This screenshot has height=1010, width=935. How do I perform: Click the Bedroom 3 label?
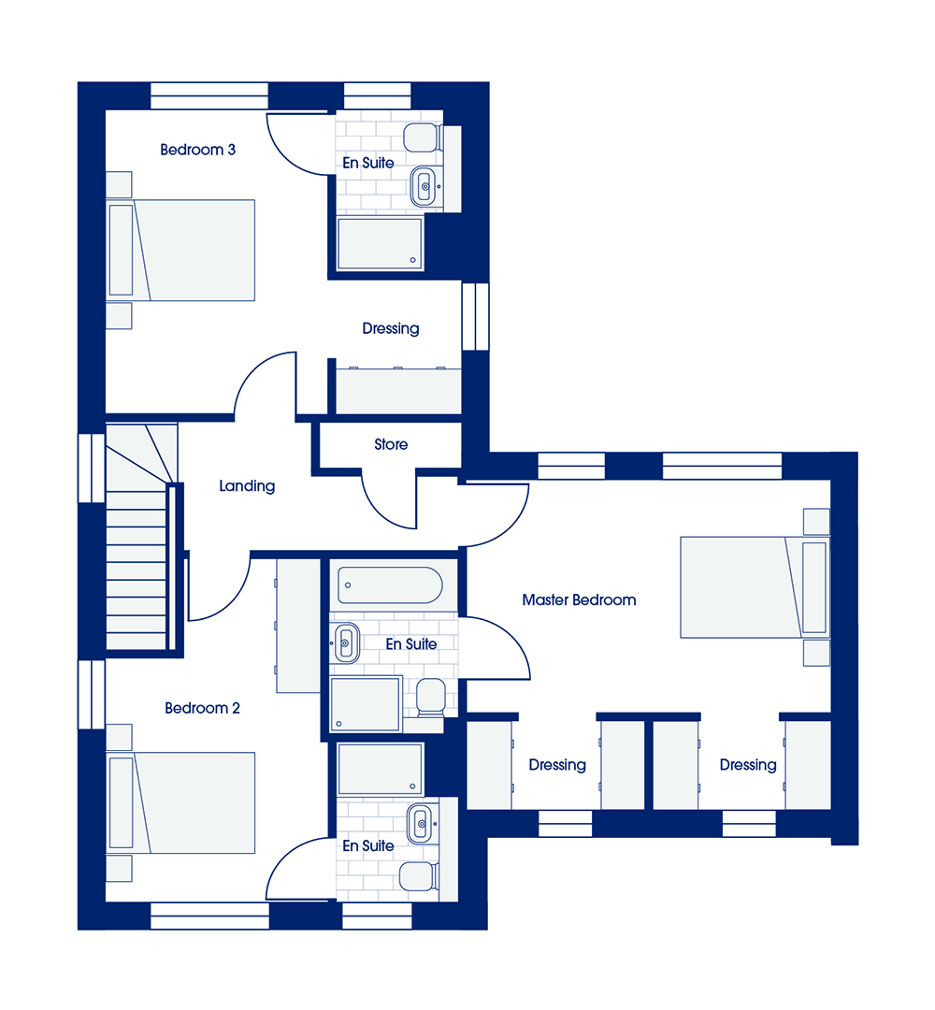click(x=197, y=150)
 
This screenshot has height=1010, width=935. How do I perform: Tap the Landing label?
click(x=247, y=485)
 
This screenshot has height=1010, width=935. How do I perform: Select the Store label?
click(x=391, y=444)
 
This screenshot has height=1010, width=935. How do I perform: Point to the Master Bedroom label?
click(x=579, y=600)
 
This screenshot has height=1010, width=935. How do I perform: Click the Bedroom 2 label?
click(x=202, y=708)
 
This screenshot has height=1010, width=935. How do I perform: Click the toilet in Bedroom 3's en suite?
click(x=423, y=137)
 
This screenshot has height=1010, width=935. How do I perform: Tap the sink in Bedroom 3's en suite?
click(x=423, y=187)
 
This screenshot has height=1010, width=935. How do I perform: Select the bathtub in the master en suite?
click(x=390, y=584)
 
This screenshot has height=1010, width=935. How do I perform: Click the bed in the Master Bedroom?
click(x=755, y=587)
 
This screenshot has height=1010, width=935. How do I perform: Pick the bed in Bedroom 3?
click(x=180, y=250)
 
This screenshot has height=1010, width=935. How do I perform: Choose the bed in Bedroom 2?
click(x=180, y=802)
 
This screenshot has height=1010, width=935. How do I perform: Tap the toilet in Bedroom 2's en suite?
click(x=419, y=876)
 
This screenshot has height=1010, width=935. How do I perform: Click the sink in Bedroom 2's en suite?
click(x=420, y=823)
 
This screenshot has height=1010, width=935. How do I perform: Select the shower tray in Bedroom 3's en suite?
click(x=380, y=243)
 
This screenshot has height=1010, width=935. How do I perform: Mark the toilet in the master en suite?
click(x=430, y=697)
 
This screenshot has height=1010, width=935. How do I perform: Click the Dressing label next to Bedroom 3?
click(x=391, y=328)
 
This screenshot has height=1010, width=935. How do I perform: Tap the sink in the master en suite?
click(x=346, y=642)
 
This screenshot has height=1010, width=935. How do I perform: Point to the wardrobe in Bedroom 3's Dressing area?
click(x=399, y=391)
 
